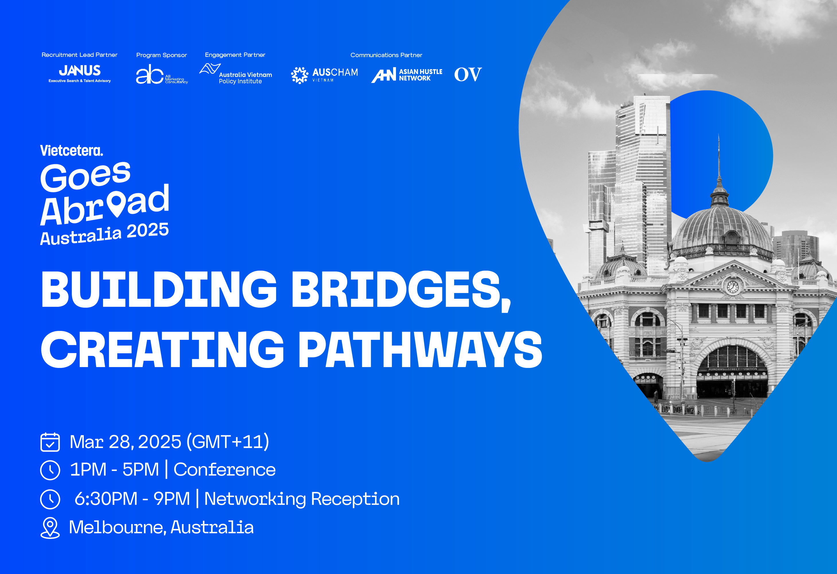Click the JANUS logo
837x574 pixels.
[79, 73]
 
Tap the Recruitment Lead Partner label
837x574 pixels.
[79, 55]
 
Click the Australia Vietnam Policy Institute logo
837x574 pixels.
[236, 74]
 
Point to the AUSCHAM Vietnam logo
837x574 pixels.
[325, 75]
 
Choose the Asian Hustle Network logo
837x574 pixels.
[407, 75]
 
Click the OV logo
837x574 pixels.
[468, 75]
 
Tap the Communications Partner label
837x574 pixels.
[387, 55]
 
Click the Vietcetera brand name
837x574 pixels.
[72, 151]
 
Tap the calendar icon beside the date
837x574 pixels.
[50, 442]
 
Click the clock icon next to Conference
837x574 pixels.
[50, 470]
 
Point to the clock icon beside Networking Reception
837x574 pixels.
[50, 499]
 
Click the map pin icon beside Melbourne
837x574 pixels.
[50, 528]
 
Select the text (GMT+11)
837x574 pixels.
[228, 442]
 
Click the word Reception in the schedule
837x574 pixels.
[355, 500]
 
